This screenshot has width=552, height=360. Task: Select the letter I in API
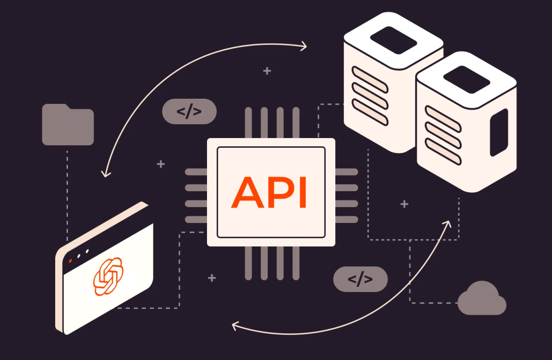302,193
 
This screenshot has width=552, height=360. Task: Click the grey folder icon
67,125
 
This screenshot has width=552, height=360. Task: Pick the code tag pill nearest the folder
189,111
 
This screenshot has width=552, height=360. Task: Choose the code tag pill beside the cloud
360,279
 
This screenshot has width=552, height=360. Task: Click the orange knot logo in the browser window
108,276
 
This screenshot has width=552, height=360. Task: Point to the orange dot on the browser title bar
70,261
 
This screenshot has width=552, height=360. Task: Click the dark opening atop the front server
467,79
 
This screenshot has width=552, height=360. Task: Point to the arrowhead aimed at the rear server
304,47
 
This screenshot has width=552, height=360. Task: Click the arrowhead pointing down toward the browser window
106,173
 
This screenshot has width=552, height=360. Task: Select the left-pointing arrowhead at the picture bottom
236,325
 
